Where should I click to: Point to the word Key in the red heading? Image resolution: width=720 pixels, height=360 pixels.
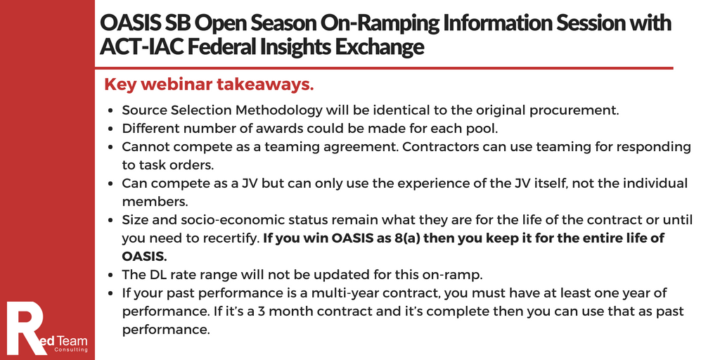(x=120, y=85)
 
